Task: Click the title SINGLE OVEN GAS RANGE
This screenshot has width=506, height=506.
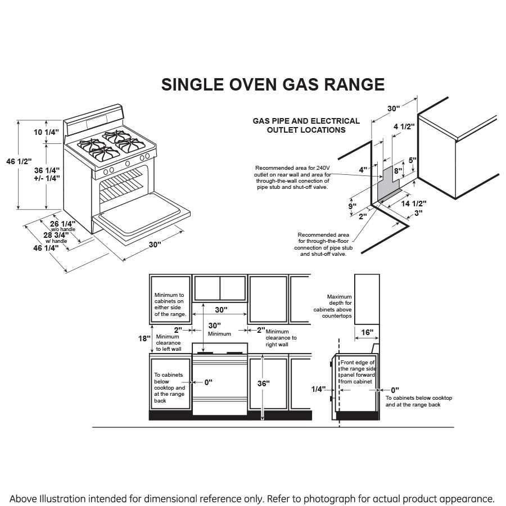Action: (x=273, y=84)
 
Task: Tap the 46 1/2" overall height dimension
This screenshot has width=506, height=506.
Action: (x=19, y=161)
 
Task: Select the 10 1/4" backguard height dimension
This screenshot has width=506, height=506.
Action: (x=46, y=132)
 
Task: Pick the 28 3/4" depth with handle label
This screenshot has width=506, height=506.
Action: (x=56, y=234)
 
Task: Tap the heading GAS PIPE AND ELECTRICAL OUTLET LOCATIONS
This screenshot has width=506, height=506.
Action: (x=306, y=125)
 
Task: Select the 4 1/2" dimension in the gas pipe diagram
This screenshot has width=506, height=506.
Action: (x=403, y=126)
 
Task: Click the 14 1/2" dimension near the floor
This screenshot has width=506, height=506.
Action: (x=415, y=204)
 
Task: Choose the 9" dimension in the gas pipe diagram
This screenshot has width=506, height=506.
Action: (x=352, y=206)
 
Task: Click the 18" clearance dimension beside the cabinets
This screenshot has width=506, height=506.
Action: (x=145, y=338)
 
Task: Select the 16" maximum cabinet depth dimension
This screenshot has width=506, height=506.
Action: (x=367, y=333)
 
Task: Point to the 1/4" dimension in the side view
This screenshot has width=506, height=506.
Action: (x=318, y=389)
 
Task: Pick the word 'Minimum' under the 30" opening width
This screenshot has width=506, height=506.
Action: (x=219, y=334)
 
